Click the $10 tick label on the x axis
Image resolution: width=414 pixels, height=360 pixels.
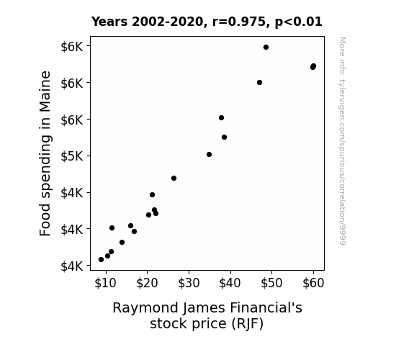(x=105, y=283)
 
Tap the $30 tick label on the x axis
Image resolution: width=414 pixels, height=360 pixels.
(x=189, y=283)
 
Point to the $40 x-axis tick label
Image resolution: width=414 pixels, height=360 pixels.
(x=230, y=283)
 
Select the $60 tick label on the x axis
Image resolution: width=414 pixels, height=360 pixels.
(x=313, y=283)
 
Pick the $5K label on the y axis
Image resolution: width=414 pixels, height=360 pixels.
(x=72, y=156)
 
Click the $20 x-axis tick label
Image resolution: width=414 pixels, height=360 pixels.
(x=147, y=283)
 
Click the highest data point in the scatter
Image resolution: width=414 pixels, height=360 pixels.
(x=266, y=48)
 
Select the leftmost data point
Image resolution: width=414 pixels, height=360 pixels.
(x=101, y=260)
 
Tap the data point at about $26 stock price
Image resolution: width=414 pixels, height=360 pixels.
(x=174, y=179)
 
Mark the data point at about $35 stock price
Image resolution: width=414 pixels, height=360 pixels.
(x=209, y=155)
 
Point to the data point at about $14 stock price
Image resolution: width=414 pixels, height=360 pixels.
(x=122, y=242)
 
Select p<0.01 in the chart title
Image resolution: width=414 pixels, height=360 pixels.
(x=299, y=22)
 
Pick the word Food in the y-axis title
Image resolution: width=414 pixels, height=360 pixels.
(x=45, y=220)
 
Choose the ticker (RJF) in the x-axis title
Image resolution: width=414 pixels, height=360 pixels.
(x=247, y=324)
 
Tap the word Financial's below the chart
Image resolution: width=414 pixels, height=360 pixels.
(x=266, y=307)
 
